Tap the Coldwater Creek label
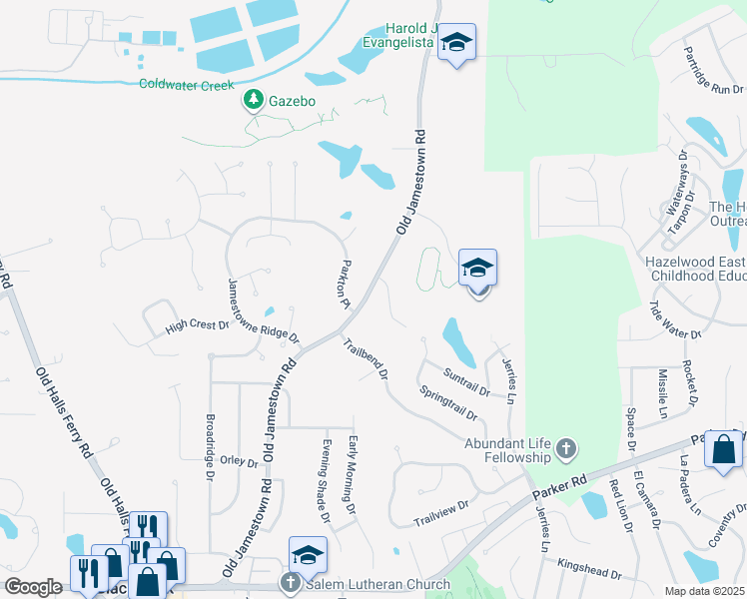[187, 85]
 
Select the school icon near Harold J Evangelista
[457, 42]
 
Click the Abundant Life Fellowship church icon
[565, 448]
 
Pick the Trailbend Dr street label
[365, 359]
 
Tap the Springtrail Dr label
[447, 401]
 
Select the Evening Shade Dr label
[325, 480]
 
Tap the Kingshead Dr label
[589, 569]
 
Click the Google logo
[33, 587]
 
